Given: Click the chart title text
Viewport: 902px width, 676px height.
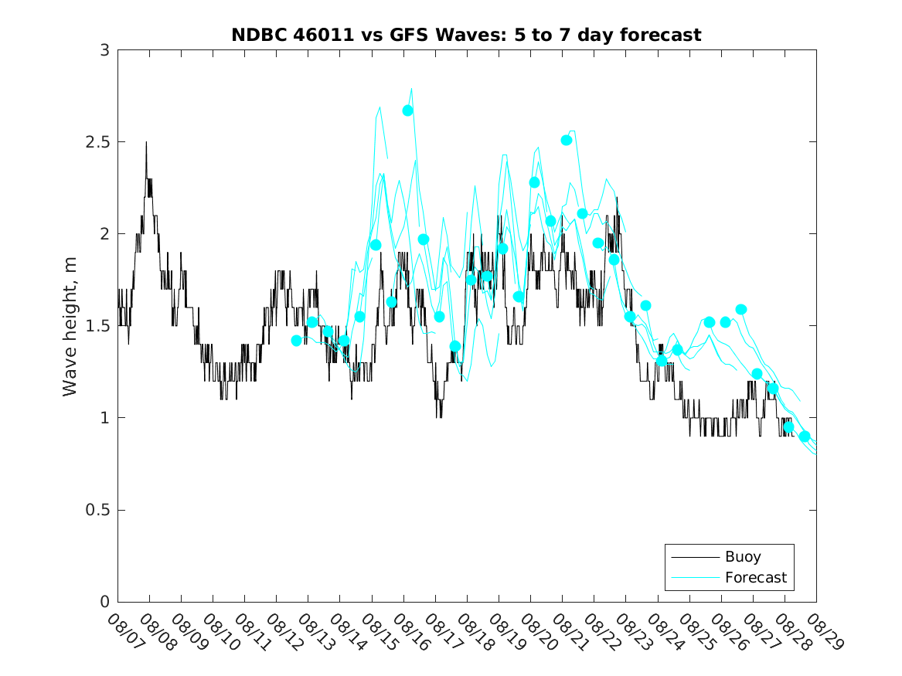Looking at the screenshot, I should pos(466,35).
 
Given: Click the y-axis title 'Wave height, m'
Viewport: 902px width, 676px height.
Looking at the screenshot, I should pos(70,326).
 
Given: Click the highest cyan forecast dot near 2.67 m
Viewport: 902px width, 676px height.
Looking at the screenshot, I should pos(407,110).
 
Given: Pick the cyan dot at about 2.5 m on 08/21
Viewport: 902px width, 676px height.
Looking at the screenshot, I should pos(567,140).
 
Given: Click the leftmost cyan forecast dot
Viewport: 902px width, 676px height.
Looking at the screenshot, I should pos(297,341).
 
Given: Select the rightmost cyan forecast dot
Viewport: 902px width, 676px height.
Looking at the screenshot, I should pos(805,437).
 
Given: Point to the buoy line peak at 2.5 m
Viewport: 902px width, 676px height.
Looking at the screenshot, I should pos(146,143).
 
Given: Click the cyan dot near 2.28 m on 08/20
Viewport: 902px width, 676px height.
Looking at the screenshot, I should pos(534,182).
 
